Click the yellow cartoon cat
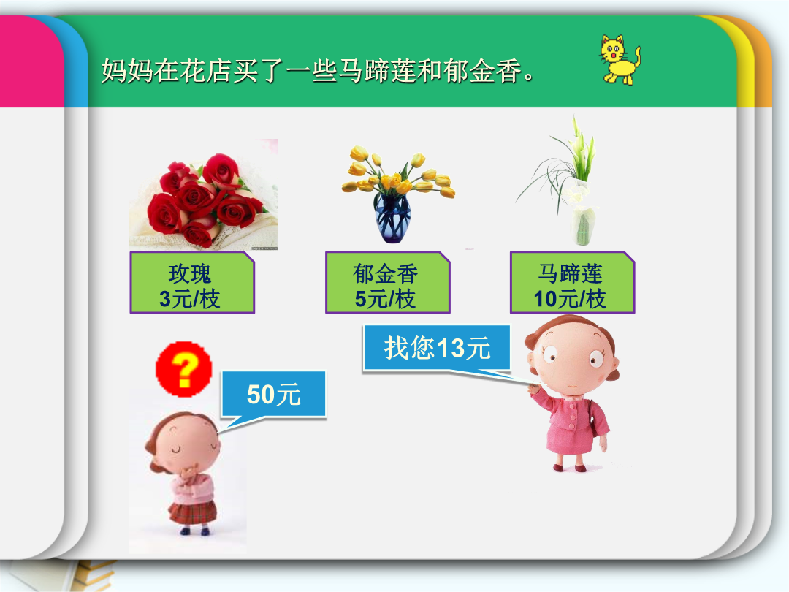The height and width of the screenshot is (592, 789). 620,59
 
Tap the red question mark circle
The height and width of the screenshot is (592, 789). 183,369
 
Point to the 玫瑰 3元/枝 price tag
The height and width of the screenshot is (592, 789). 192,282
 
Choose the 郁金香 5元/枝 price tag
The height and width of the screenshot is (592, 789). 387,282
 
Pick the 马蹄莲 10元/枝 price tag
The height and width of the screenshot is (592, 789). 572,282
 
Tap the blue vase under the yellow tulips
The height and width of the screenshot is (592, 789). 392,218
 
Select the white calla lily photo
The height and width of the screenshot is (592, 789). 561,181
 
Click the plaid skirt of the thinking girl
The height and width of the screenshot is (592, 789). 192,512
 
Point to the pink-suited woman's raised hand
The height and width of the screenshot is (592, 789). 534,387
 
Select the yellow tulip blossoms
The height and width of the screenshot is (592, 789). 397,174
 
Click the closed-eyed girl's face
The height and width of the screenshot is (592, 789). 187,443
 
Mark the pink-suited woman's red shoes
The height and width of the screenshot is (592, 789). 568,468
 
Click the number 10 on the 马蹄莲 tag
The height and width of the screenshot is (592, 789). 546,299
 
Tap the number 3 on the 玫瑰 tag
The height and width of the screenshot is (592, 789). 165,299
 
